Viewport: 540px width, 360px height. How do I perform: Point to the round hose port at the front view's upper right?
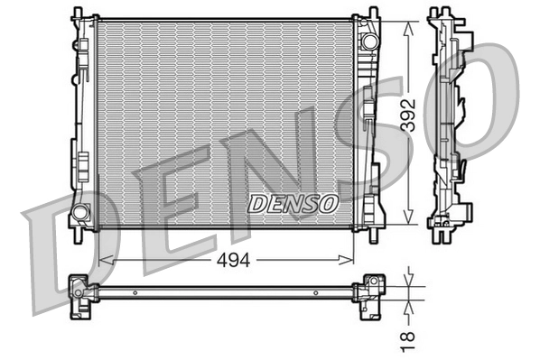click(x=368, y=41)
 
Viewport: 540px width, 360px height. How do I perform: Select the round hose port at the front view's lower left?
click(x=80, y=213)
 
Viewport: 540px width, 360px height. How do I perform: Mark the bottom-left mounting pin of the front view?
click(x=79, y=233)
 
